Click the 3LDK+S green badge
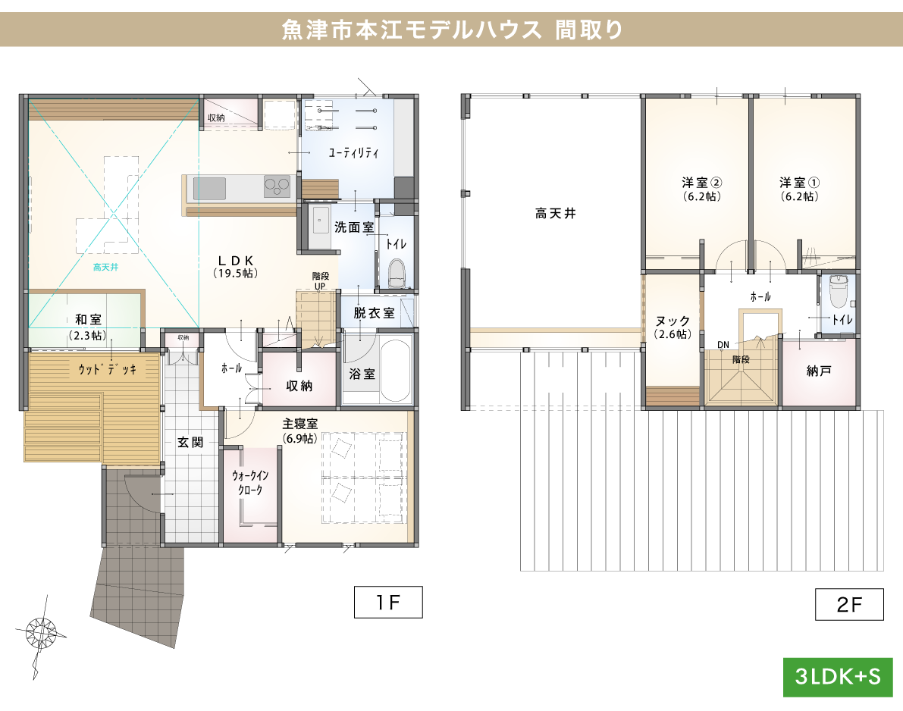pos(837,677)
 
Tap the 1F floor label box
pos(387,603)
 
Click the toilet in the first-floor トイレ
pos(397,274)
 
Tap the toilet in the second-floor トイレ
pos(837,289)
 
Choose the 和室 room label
pos(88,321)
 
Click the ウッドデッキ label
pos(107,370)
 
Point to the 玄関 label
pos(190,442)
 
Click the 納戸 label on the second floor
pos(820,371)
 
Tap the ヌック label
pos(673,321)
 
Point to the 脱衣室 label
pos(373,312)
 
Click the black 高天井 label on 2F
pos(555,215)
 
